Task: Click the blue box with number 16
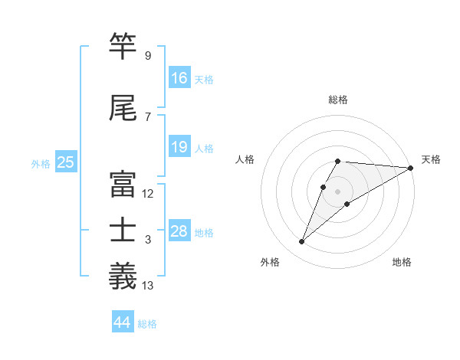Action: (179, 77)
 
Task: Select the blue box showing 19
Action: (179, 147)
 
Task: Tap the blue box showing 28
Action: (179, 231)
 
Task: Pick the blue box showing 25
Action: (65, 162)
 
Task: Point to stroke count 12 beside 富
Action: (148, 194)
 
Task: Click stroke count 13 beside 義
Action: (148, 286)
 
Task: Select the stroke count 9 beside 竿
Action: (147, 56)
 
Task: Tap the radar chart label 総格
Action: (338, 100)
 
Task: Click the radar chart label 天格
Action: (431, 159)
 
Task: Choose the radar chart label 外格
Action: (270, 262)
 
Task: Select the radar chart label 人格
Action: (245, 159)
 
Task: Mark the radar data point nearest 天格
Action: (411, 168)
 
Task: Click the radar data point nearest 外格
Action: (302, 242)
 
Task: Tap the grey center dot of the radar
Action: (338, 191)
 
